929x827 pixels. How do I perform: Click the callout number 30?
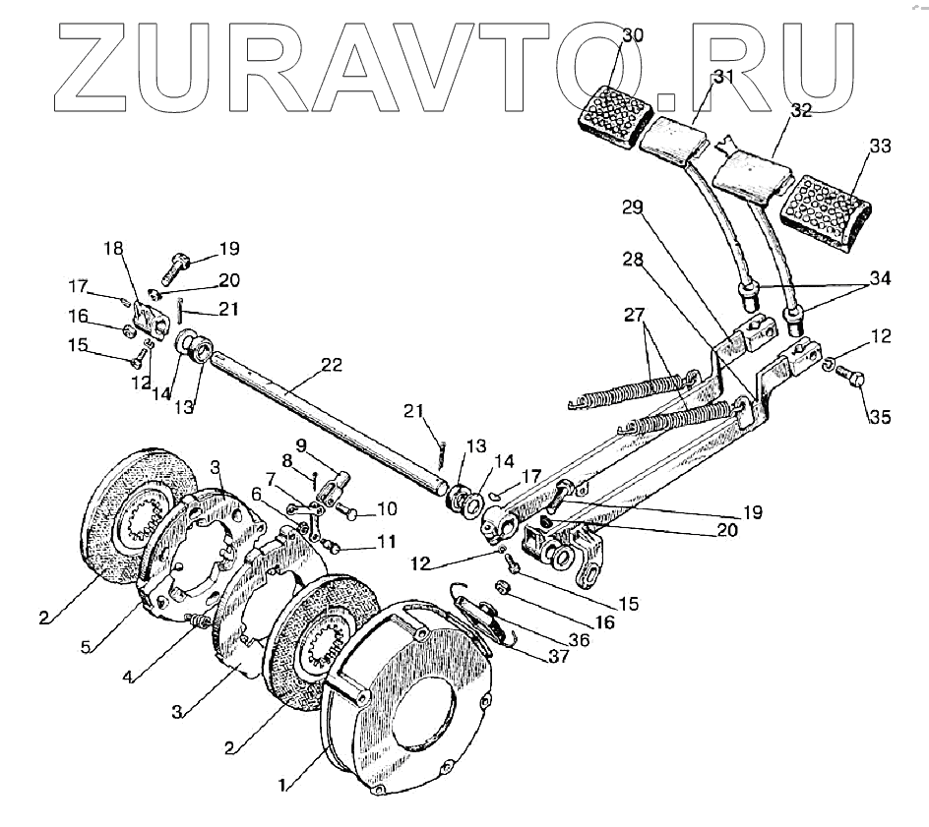click(633, 36)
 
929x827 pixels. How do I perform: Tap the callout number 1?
click(283, 786)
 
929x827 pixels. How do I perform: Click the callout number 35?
click(880, 417)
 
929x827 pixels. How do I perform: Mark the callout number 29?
click(632, 207)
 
